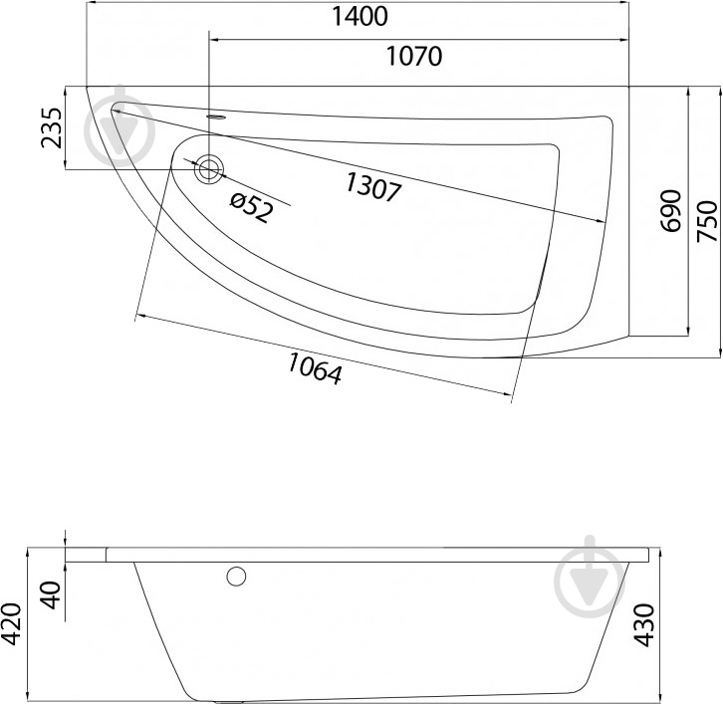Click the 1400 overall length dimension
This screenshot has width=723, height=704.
coord(360,17)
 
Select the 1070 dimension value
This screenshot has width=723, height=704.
coord(413,56)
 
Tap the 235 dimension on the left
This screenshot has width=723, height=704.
coord(51,127)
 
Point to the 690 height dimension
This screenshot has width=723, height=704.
coord(670,211)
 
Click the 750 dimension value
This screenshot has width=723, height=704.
coord(707,221)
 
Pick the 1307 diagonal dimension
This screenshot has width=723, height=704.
coord(373,187)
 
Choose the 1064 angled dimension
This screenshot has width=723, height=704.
coord(316,367)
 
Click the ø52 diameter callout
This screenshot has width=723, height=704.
coord(252,208)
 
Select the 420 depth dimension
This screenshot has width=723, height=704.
coord(11,623)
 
